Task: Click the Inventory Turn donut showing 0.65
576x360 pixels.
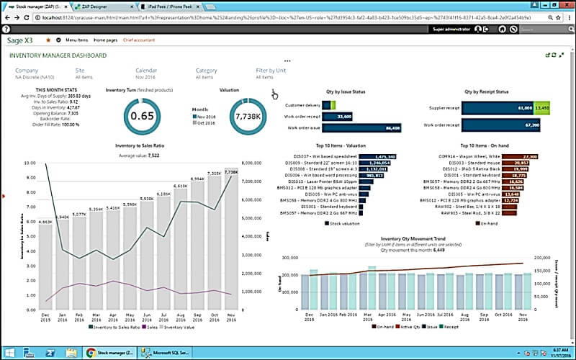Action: (x=143, y=116)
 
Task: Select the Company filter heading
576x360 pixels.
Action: (x=27, y=71)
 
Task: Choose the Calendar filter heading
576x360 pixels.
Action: (x=146, y=71)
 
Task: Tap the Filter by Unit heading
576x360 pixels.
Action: (x=271, y=71)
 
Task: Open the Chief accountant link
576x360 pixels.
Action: (x=140, y=40)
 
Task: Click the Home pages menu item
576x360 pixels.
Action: (x=105, y=40)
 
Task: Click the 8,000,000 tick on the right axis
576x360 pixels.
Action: (x=256, y=163)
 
